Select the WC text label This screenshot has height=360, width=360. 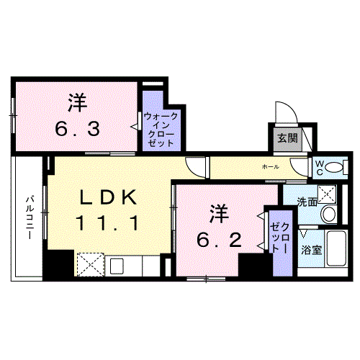(x=318, y=167)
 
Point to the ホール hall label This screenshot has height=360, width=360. (x=270, y=166)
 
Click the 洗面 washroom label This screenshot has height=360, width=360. (x=308, y=202)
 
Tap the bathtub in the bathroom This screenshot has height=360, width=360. (x=338, y=249)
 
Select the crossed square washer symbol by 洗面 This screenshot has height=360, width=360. (x=328, y=193)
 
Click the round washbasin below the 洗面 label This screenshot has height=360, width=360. (x=328, y=214)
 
